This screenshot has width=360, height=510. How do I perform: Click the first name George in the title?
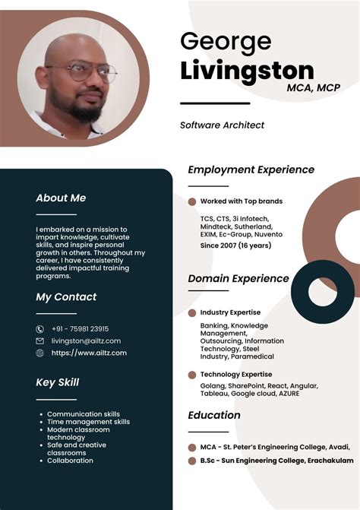click(x=226, y=42)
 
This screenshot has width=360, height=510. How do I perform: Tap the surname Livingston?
click(x=247, y=71)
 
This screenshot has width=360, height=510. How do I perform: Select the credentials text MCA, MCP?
click(x=313, y=88)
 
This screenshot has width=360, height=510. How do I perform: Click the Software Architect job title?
click(x=222, y=125)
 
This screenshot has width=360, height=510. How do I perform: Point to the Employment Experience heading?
click(x=251, y=170)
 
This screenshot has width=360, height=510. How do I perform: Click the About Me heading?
click(x=61, y=198)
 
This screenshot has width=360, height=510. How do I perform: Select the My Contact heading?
click(x=66, y=297)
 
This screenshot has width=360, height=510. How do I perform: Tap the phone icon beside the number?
click(x=40, y=329)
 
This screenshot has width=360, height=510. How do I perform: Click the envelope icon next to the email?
click(x=40, y=341)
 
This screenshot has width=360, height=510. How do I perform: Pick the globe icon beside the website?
click(x=40, y=353)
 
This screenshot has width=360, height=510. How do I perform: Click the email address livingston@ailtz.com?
click(x=86, y=341)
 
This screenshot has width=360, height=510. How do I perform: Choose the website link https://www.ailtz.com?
click(x=89, y=353)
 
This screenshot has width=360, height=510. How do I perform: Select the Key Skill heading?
click(x=58, y=382)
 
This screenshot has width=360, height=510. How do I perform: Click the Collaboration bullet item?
click(x=70, y=461)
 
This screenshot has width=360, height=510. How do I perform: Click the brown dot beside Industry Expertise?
click(x=192, y=312)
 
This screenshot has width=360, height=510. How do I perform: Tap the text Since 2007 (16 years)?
click(x=235, y=245)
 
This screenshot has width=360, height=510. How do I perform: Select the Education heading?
click(x=214, y=416)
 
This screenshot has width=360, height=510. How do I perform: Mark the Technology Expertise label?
click(x=235, y=375)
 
